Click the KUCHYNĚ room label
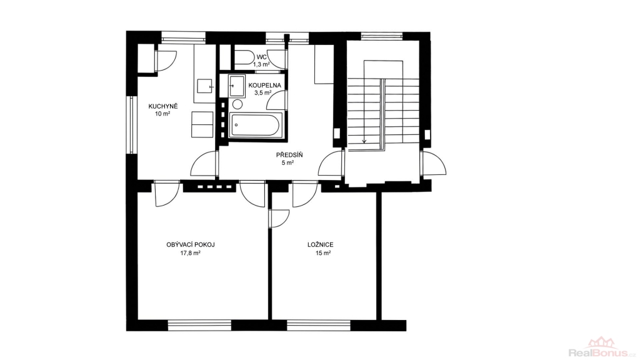(163, 106)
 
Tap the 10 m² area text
(162, 114)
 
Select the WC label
(262, 57)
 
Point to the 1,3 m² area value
(261, 64)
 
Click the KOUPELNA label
(264, 85)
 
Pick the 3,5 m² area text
(263, 92)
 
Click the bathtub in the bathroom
(256, 124)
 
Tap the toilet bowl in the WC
(244, 57)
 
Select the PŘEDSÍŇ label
(289, 155)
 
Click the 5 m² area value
(287, 163)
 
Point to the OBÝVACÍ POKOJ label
(191, 245)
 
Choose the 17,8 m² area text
(190, 253)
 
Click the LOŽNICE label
(321, 245)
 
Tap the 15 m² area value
(323, 253)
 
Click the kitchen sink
(206, 86)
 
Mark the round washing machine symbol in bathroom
(237, 104)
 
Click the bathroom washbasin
(237, 86)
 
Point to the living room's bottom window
(199, 325)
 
